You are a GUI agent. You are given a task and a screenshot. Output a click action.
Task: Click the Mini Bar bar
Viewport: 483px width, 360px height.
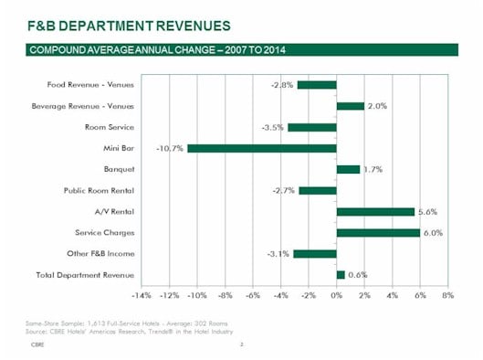(x=262, y=148)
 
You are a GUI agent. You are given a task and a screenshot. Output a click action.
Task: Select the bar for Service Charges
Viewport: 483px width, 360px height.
(x=378, y=232)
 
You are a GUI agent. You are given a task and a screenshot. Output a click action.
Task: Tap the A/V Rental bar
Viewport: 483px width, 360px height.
(x=375, y=211)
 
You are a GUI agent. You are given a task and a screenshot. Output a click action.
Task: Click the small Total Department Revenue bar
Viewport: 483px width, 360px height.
(x=341, y=274)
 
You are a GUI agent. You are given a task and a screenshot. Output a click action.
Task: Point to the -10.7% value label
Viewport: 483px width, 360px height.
(x=170, y=148)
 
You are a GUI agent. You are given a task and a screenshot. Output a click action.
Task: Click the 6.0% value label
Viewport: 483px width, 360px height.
(x=432, y=232)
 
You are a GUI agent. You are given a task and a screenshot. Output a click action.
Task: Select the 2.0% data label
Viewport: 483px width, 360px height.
(x=377, y=106)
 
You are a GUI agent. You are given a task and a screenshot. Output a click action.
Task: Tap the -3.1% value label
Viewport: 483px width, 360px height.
(x=279, y=253)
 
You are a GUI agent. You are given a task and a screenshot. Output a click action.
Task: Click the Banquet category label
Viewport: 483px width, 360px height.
(x=120, y=169)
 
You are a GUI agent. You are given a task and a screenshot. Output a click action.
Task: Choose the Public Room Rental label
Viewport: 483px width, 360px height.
(x=100, y=190)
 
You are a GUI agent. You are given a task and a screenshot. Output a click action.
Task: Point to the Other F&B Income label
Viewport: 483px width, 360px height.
(x=101, y=253)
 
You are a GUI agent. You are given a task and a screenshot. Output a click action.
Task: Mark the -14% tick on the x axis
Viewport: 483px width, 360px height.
(x=141, y=295)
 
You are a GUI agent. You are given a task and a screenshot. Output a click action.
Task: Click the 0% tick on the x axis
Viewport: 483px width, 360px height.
(x=336, y=295)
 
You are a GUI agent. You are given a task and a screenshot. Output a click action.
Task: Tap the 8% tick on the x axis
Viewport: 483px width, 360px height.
(x=447, y=295)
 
